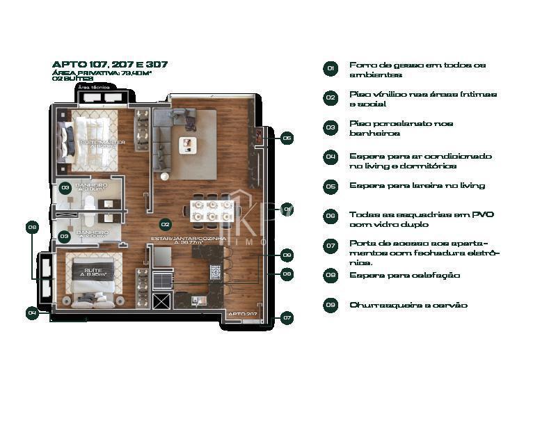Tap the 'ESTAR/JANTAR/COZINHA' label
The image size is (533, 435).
tap(188, 239)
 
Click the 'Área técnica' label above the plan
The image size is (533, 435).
tap(93, 88)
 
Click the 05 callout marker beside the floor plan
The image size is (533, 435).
tap(287, 138)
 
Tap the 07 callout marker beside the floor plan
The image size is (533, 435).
tap(287, 317)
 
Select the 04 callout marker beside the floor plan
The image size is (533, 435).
tap(32, 313)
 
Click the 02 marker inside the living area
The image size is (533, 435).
tap(166, 224)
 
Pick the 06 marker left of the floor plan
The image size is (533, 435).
tap(32, 227)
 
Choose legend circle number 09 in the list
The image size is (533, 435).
tap(331, 305)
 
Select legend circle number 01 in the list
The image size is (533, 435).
tap(331, 68)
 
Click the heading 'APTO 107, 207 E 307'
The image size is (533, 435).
tap(110, 65)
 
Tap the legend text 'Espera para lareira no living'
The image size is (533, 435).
tap(417, 186)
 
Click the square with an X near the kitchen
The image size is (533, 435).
tap(162, 301)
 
